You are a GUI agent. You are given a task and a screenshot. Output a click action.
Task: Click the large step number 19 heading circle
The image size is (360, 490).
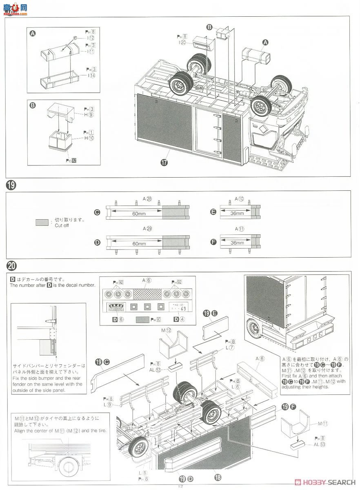click(11, 185)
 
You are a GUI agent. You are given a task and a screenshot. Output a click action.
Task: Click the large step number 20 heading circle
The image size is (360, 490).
click(11, 265)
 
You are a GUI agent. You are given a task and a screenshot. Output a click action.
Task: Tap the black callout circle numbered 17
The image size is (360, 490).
click(164, 162)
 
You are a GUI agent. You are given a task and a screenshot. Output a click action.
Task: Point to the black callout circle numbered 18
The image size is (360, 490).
click(217, 476)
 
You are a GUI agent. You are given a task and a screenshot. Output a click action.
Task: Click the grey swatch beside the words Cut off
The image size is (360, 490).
click(42, 223)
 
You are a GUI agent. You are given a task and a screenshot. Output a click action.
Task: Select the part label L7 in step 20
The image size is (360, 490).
click(231, 347)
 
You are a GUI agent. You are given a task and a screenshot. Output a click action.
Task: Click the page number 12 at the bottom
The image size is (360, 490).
click(180, 486)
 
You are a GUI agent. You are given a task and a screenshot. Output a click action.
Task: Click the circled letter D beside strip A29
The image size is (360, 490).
click(97, 243)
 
